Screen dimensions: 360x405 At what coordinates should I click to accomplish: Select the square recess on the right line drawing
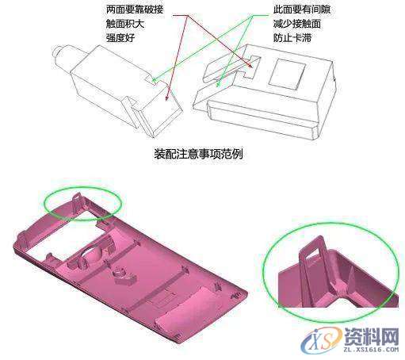tap(286, 75)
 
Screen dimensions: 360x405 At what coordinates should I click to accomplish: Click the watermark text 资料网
tap(367, 331)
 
